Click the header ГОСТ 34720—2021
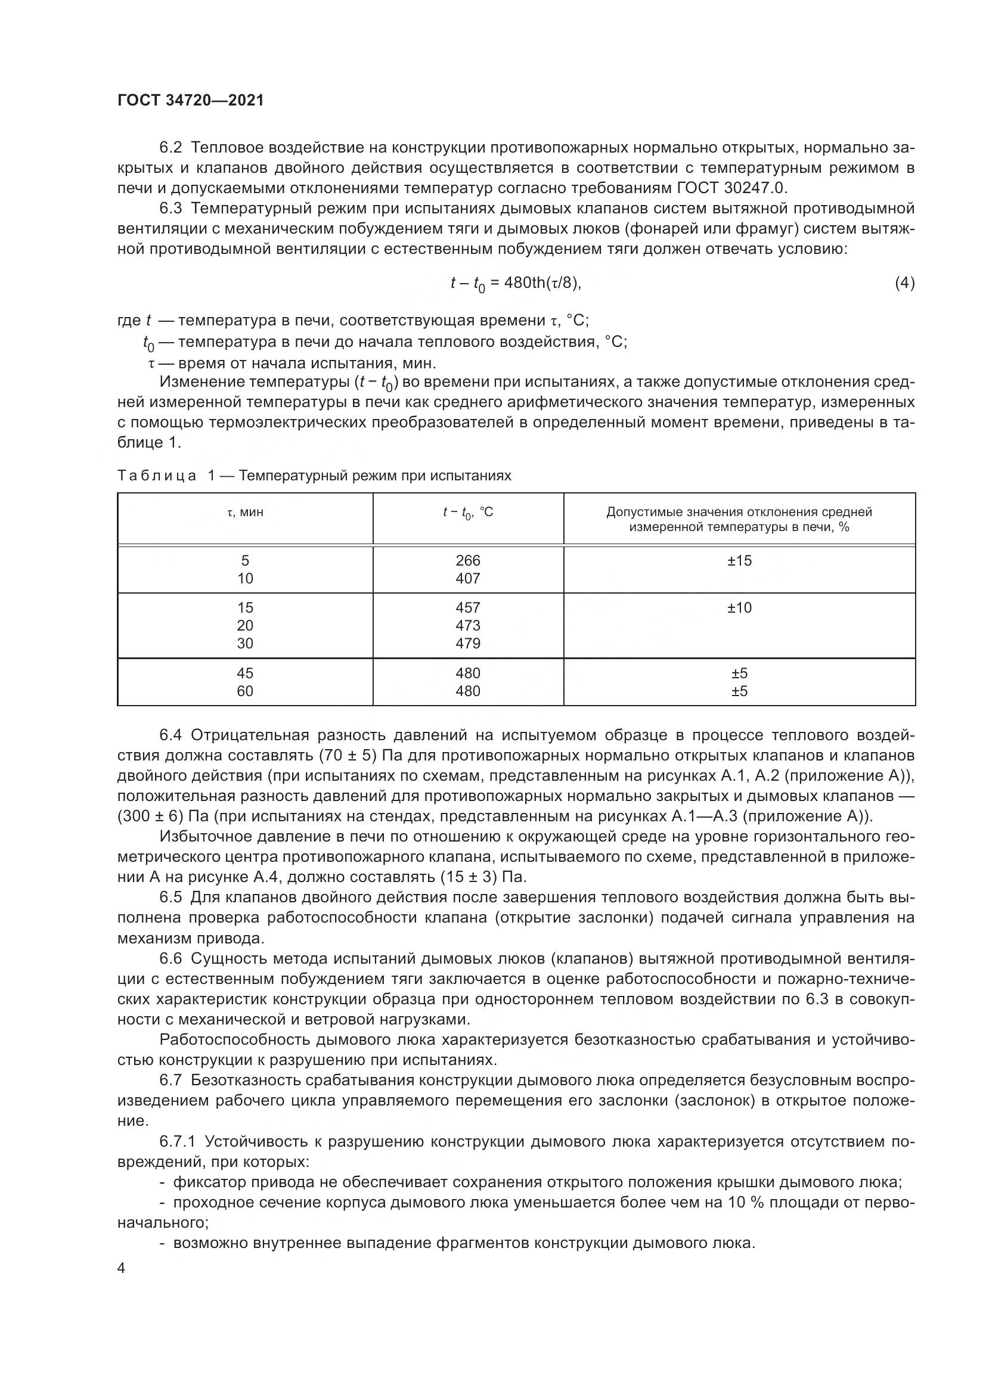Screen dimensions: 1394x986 click(x=191, y=100)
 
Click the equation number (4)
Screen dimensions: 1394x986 click(x=904, y=283)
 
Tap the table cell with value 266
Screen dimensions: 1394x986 click(x=467, y=560)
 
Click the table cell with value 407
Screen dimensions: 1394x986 click(x=467, y=579)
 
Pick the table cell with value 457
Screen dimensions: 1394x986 click(x=467, y=608)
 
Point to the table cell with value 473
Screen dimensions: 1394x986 click(x=467, y=625)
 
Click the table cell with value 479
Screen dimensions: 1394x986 click(x=467, y=643)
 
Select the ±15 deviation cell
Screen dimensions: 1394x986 click(x=739, y=560)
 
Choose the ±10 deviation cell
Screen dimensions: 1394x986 click(x=739, y=608)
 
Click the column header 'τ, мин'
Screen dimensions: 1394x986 click(x=244, y=513)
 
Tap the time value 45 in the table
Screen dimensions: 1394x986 click(x=244, y=673)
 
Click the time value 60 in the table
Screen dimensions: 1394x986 click(x=244, y=691)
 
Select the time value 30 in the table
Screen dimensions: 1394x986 click(x=244, y=643)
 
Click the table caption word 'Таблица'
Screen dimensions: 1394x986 click(x=157, y=476)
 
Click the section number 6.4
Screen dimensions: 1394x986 click(x=170, y=735)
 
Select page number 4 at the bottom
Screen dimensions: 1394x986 click(x=121, y=1268)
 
